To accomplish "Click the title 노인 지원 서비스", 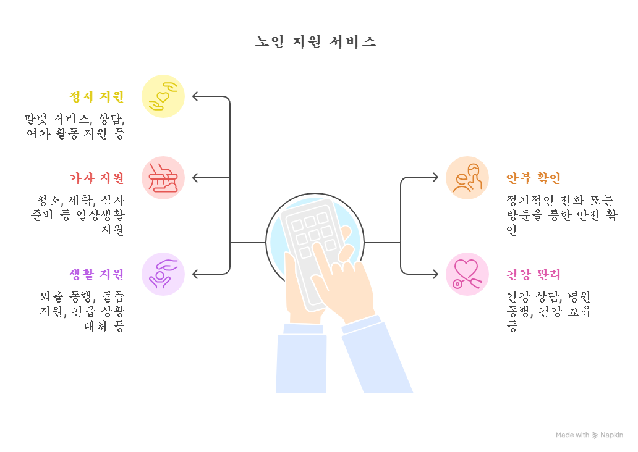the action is click(316, 42).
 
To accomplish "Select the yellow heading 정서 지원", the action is click(97, 96).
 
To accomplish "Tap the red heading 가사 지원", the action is click(97, 178).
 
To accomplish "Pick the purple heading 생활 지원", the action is click(97, 274).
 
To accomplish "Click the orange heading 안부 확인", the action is click(533, 178).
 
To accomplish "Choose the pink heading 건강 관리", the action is click(533, 274).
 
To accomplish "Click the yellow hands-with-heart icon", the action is click(163, 96).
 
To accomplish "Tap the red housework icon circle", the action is click(163, 178).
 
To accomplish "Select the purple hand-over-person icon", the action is click(163, 274).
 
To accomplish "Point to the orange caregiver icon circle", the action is click(467, 178).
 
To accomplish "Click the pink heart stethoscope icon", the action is click(467, 274).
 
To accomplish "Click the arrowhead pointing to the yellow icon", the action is click(195, 96).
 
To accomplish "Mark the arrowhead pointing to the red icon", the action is click(195, 178).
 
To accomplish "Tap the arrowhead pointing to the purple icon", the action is click(195, 274).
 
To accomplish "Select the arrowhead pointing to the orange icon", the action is click(435, 178).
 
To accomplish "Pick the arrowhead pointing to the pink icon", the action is click(435, 274).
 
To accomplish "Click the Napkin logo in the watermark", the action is click(595, 435).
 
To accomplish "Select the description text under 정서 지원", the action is click(74, 126).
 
